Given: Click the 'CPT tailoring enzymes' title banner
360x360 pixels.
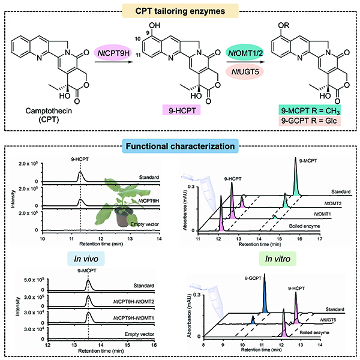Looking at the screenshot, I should (179, 11).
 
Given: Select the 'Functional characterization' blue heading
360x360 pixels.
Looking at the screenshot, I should (179, 146).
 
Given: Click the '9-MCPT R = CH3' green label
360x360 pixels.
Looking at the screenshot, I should (298, 109).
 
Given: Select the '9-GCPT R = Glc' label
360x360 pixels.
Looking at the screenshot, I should (298, 121).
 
